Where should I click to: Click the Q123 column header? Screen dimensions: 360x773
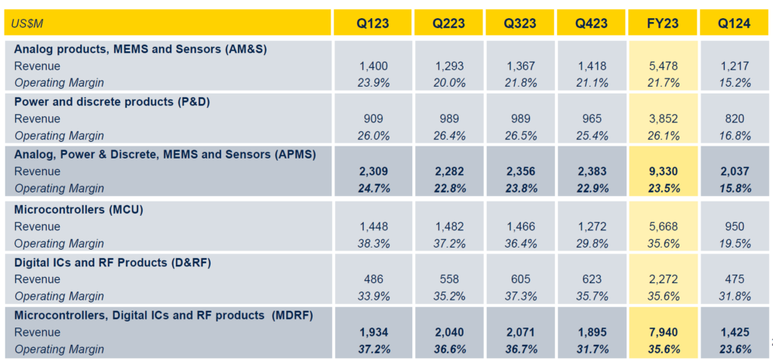(373, 23)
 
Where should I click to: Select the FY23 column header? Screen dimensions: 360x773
(663, 23)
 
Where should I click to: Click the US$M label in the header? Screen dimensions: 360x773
(28, 24)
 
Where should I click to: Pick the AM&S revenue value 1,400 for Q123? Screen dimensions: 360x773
(373, 66)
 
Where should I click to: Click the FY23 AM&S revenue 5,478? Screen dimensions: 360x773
(663, 66)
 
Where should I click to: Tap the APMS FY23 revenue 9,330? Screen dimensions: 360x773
(663, 172)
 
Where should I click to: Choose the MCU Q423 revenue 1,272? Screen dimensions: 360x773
(590, 226)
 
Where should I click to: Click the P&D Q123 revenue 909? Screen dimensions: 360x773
(373, 119)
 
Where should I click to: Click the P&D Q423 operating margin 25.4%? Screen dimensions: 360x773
(590, 136)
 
